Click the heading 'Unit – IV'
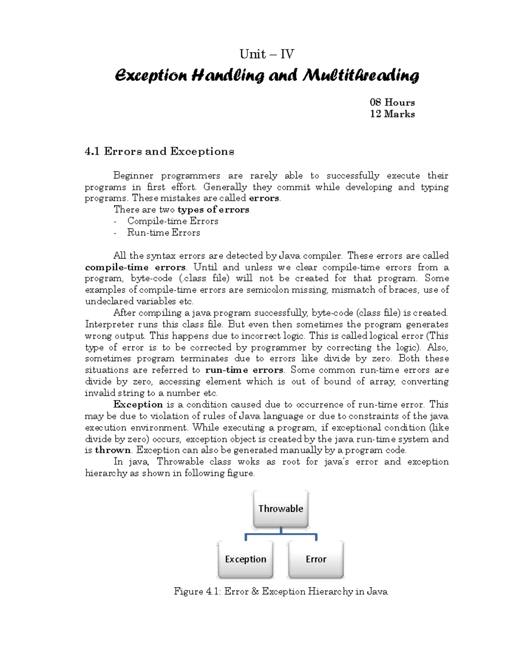tap(267, 54)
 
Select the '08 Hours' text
tap(392, 102)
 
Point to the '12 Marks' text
tap(392, 114)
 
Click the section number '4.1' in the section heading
tap(92, 151)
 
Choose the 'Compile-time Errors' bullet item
tap(172, 221)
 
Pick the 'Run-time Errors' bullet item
tap(163, 233)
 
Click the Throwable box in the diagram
tap(280, 509)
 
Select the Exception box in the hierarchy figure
tap(246, 559)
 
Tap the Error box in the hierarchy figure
tap(316, 559)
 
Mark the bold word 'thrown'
tap(113, 450)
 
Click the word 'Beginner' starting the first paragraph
tap(133, 175)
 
